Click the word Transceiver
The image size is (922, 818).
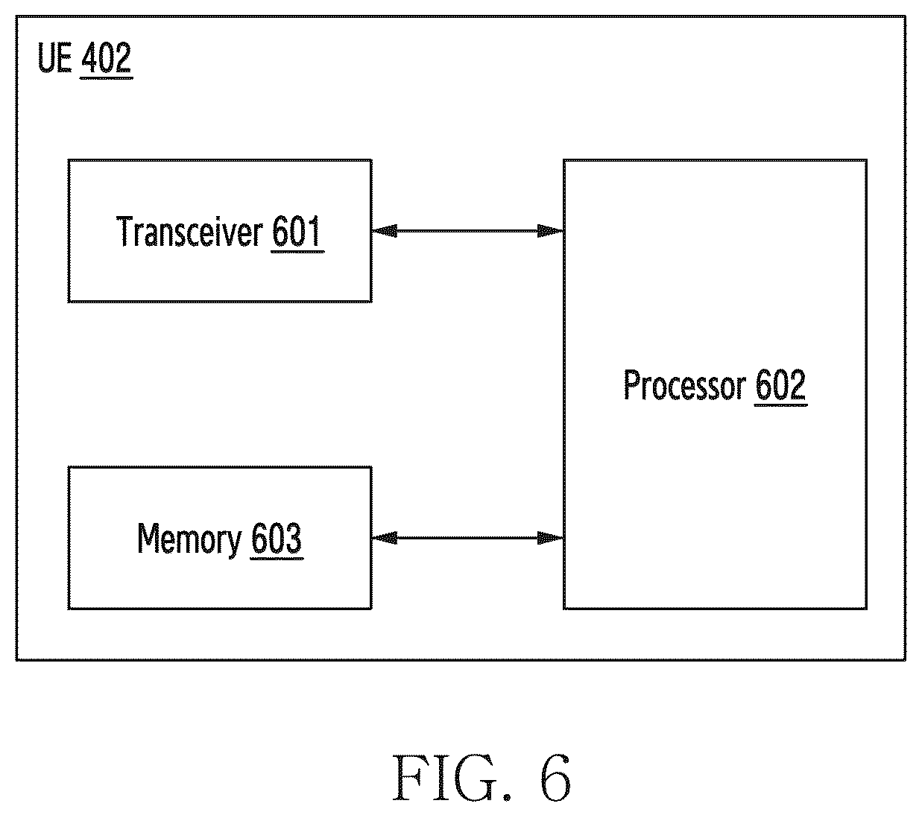click(189, 232)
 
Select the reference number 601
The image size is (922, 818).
click(297, 231)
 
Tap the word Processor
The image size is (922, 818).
click(684, 384)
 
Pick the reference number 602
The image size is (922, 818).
click(780, 384)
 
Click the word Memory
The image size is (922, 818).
click(189, 539)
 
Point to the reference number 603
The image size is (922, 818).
click(277, 537)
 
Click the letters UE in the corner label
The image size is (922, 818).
click(54, 57)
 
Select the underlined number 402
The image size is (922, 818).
click(107, 57)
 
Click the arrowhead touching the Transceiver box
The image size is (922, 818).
click(385, 231)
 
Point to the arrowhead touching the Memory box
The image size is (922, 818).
click(385, 538)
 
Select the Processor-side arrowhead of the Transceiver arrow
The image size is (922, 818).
click(551, 231)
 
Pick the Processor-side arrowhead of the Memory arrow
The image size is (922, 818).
click(551, 538)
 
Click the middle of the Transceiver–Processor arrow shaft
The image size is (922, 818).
click(468, 231)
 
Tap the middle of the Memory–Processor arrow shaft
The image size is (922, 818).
click(468, 538)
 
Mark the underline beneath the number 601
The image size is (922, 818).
click(297, 250)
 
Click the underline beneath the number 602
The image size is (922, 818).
click(781, 404)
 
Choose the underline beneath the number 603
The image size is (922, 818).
click(277, 558)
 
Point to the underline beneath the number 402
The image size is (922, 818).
click(107, 77)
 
